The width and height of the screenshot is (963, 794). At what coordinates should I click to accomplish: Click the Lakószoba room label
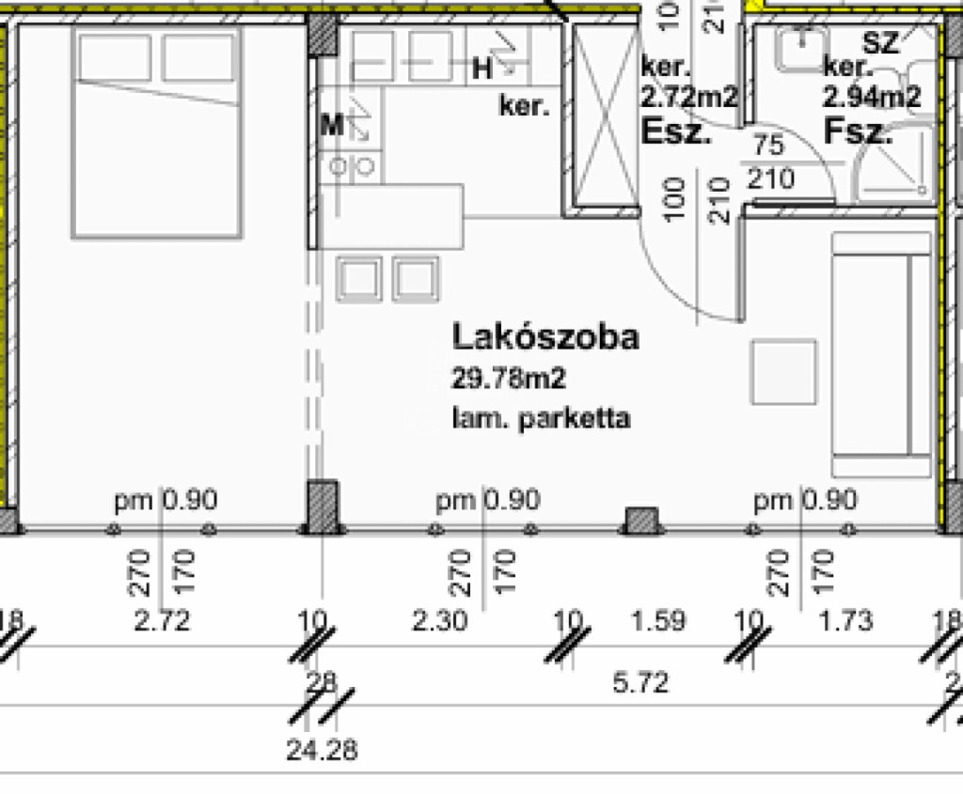point(545,336)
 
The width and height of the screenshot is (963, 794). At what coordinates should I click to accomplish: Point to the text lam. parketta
point(541,418)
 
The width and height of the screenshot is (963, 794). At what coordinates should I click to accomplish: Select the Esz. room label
point(675,132)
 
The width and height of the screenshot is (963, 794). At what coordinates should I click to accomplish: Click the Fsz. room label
point(858,132)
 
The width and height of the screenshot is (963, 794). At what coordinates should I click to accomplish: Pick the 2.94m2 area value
point(872,96)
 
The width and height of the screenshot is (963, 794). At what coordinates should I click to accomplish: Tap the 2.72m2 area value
point(688,96)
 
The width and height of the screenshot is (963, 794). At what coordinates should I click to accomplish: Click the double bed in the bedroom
point(156,132)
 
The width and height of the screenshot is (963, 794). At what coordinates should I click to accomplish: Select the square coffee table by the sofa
point(782,372)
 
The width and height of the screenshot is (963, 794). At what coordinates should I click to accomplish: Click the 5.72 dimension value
point(640,683)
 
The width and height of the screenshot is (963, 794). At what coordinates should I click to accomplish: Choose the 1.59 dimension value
point(659,621)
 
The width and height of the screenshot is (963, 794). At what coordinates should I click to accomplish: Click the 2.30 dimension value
point(439,621)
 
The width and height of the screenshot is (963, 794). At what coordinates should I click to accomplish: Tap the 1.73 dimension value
point(846,621)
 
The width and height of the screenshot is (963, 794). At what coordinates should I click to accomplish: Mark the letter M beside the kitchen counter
point(330,125)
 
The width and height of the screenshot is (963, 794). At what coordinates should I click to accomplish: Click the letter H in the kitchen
point(481,68)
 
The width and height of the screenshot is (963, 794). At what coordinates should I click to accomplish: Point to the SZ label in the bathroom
point(881,41)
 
